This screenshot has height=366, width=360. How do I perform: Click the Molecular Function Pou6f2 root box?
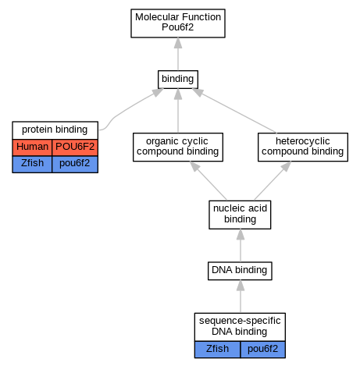pos(178,23)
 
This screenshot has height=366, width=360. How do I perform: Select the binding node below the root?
pos(178,80)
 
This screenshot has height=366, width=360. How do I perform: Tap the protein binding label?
pos(55,130)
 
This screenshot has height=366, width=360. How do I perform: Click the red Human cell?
pos(32,147)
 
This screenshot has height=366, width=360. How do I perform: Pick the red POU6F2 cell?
pos(75,147)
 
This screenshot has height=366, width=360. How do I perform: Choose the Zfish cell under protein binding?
pos(32,164)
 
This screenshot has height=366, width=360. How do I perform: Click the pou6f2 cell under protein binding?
pos(75,164)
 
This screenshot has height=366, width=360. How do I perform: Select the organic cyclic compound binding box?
pos(178,147)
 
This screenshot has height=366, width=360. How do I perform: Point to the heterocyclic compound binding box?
pos(303,147)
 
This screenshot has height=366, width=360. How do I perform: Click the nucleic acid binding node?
pos(240,215)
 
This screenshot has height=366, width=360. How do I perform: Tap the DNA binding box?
pos(240,271)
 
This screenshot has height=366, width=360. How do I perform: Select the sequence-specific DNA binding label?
pos(240,327)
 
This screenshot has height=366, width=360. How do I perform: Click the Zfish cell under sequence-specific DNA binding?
pos(217,350)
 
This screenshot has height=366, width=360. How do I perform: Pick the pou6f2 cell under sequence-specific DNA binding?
pos(262,350)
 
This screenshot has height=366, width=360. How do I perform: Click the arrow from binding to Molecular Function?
pos(178,54)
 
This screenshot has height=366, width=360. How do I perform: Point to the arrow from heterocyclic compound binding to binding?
pos(234,111)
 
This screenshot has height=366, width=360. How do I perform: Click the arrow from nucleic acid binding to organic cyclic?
pos(209,181)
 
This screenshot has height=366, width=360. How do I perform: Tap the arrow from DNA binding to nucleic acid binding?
pos(241,246)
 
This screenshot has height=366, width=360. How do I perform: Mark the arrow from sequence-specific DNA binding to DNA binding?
pos(241,297)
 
